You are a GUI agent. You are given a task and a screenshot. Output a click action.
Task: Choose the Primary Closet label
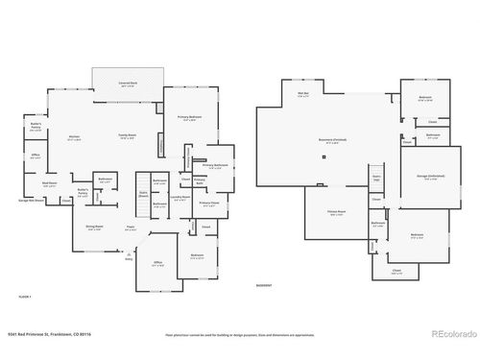pos(209,204)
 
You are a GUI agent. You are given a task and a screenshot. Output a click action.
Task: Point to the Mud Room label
pos(49,183)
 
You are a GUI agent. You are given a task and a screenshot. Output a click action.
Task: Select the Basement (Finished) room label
pos(326,141)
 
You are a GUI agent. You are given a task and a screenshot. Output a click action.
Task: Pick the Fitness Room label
pos(336,214)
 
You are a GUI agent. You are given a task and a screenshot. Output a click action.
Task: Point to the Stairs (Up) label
pos(376,179)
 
